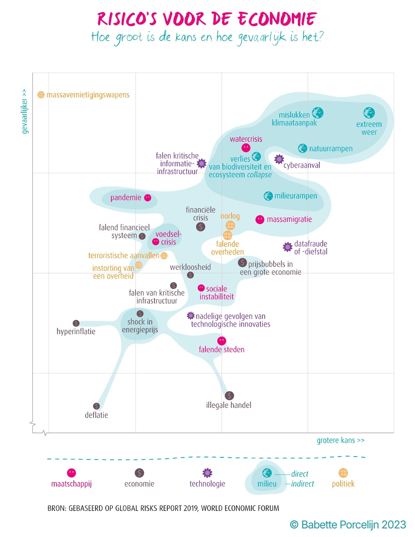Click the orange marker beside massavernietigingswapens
(x=41, y=95)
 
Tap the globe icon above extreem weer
(x=369, y=113)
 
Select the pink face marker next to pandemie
(x=147, y=198)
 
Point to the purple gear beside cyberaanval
(x=279, y=159)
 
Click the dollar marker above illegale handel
(x=229, y=395)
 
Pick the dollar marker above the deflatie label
(x=96, y=406)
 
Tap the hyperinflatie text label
(x=76, y=331)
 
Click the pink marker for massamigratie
(x=260, y=220)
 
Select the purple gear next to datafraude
(x=288, y=247)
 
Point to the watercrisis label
(x=246, y=139)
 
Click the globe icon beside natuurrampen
(x=302, y=148)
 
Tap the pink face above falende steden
(x=222, y=341)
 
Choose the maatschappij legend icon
(x=71, y=473)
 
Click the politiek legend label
(x=343, y=484)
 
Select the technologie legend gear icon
(x=207, y=473)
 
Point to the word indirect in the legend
(x=302, y=484)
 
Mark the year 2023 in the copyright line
(x=394, y=524)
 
